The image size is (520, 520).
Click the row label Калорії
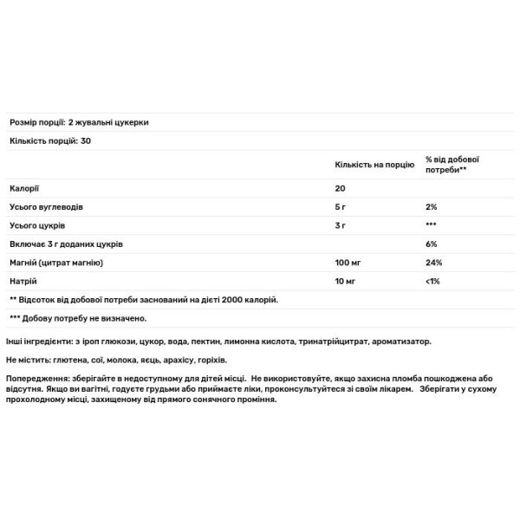tap(23, 188)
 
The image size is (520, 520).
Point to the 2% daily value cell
tap(432, 207)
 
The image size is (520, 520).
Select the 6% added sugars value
tap(432, 244)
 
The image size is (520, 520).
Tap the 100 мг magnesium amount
tap(348, 263)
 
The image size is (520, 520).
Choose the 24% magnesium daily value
tap(433, 263)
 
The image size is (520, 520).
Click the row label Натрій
tap(23, 281)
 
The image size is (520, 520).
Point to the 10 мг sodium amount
tap(346, 281)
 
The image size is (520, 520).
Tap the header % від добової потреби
tap(452, 164)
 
